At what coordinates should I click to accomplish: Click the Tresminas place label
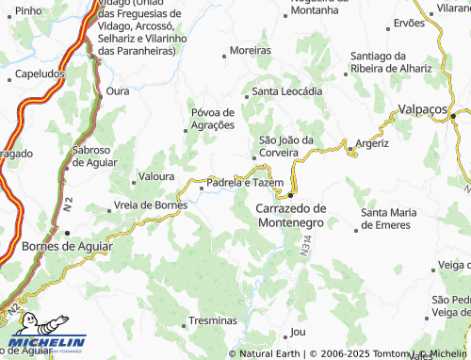214,321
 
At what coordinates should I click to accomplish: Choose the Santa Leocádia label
287,92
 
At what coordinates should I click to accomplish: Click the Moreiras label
251,51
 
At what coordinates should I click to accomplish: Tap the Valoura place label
155,176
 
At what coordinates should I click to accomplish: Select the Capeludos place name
41,72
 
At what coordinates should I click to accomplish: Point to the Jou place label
299,332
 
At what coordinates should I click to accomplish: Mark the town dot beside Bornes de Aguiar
66,233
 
